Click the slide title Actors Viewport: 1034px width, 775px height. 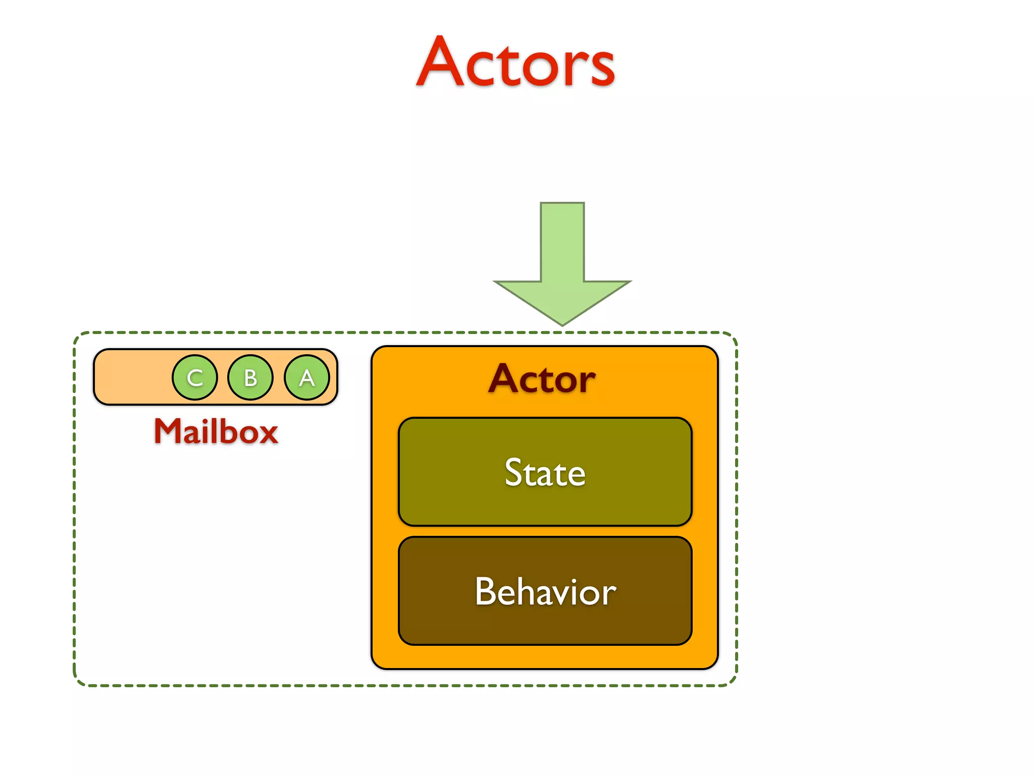coord(515,63)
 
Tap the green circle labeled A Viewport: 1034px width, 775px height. coord(306,377)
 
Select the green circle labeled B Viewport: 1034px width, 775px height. coord(250,377)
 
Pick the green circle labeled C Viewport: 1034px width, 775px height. coord(195,377)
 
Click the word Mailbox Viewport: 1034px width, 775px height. coord(216,432)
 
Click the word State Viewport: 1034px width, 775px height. coord(545,473)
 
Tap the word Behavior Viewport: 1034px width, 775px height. coord(545,591)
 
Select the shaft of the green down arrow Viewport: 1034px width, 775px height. coord(562,242)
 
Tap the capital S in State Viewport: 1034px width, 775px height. coord(514,473)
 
